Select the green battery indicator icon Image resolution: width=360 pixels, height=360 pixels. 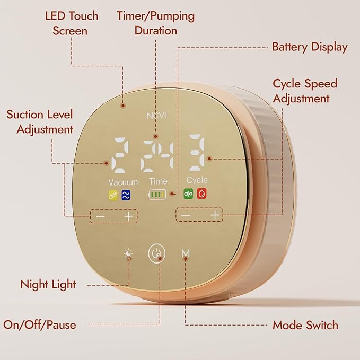pyautogui.click(x=157, y=195)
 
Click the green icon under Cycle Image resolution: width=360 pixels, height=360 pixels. pyautogui.click(x=188, y=194)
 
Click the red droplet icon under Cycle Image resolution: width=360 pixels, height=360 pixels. pyautogui.click(x=201, y=194)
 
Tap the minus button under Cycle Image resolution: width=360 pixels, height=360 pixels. pyautogui.click(x=186, y=215)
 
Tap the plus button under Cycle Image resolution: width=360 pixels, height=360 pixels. pyautogui.click(x=215, y=215)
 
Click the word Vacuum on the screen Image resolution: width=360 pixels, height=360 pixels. pyautogui.click(x=123, y=182)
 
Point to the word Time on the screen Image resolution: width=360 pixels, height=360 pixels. pyautogui.click(x=157, y=181)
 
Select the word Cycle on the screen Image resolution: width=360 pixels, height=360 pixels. pyautogui.click(x=197, y=180)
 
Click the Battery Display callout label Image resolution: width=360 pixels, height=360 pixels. pyautogui.click(x=310, y=47)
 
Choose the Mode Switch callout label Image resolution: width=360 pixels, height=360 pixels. pyautogui.click(x=305, y=325)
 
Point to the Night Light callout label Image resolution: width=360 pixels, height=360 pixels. pyautogui.click(x=48, y=284)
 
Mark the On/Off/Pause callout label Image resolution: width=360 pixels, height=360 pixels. pyautogui.click(x=40, y=324)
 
